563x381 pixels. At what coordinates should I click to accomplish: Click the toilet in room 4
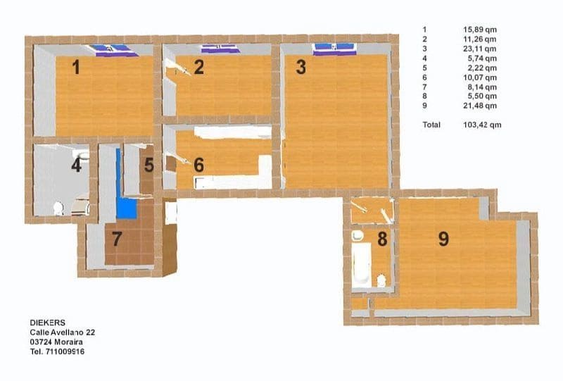[58, 208]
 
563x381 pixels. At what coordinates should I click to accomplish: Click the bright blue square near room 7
[127, 208]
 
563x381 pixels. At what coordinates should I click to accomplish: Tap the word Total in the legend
[431, 125]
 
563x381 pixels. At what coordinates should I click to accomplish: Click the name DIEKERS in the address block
[47, 322]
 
